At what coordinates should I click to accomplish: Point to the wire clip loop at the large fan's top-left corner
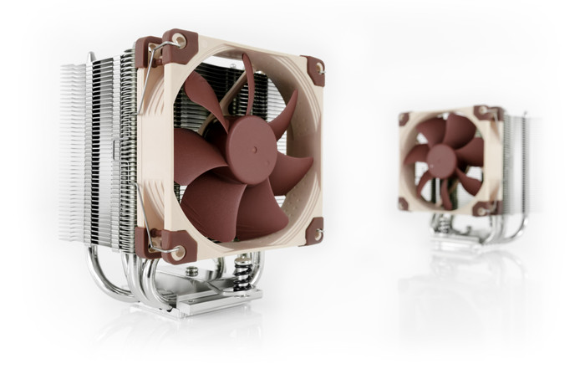177,41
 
